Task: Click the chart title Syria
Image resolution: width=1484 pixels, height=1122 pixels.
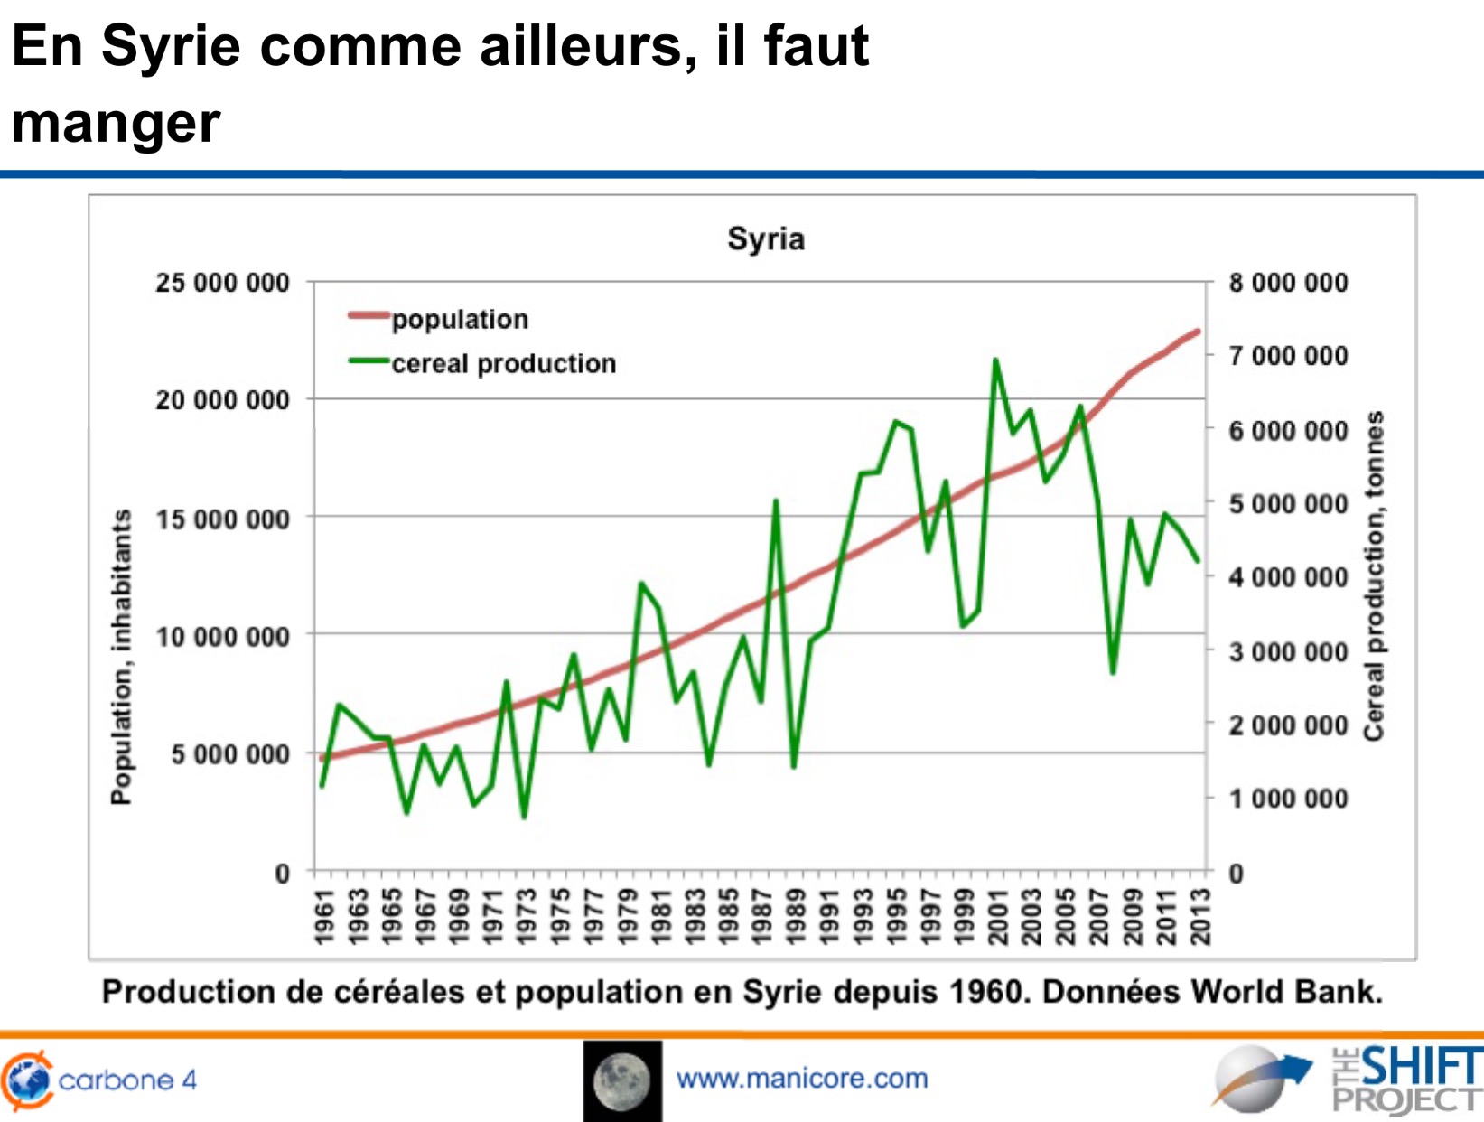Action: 766,239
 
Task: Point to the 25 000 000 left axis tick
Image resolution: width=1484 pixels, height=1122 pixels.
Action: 222,283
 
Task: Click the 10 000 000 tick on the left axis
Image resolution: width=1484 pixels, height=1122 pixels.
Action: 222,637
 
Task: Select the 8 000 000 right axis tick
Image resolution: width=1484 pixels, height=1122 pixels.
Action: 1288,283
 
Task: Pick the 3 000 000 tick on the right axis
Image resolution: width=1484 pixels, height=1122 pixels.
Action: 1288,651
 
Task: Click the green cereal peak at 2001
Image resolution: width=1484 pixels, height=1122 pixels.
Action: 995,360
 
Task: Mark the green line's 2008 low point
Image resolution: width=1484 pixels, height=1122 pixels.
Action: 1113,672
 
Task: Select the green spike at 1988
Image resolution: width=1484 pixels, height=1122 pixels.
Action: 775,501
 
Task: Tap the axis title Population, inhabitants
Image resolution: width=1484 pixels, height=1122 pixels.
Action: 121,657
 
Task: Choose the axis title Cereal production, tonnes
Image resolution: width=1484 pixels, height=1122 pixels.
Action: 1374,575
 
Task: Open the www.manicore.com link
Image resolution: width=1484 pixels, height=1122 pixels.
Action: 802,1079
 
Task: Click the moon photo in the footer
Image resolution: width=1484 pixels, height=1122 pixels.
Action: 622,1080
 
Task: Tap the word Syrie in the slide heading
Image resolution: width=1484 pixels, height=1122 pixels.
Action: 171,45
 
